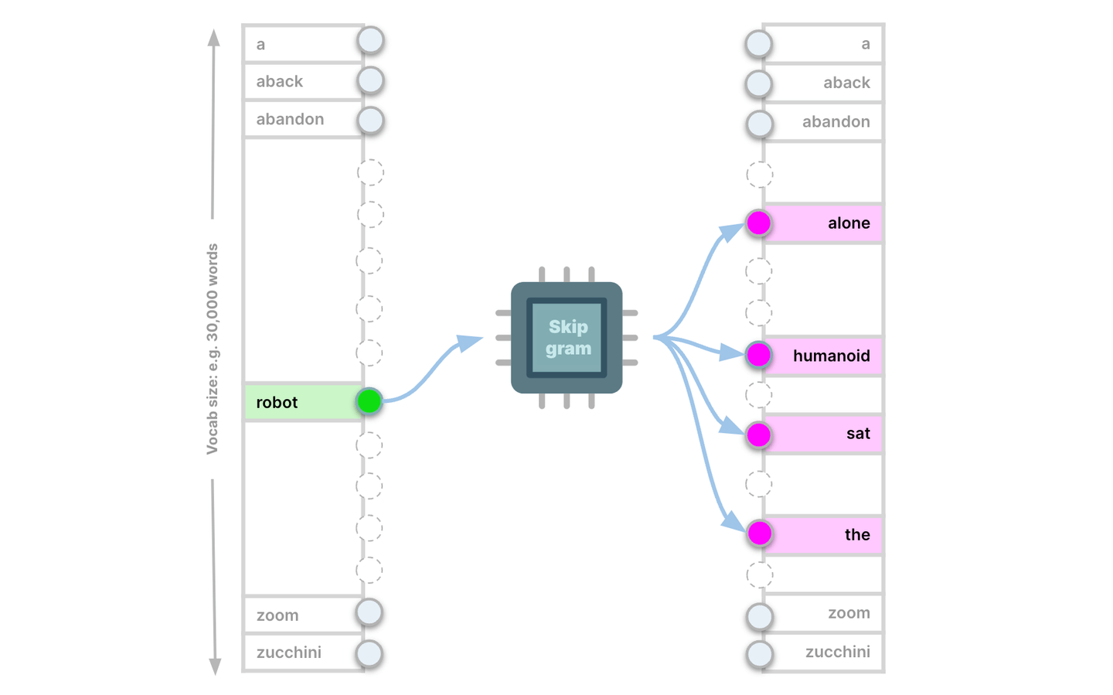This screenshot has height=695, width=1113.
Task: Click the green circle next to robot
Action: (x=369, y=401)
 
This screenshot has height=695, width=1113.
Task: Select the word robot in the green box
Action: (x=277, y=403)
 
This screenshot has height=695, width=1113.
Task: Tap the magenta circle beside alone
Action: (x=759, y=223)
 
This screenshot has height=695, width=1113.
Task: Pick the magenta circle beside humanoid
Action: (x=759, y=355)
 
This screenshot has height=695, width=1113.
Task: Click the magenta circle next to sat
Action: (x=759, y=434)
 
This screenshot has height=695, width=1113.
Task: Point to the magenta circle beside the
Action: (x=760, y=533)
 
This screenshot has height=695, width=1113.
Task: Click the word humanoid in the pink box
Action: (x=831, y=356)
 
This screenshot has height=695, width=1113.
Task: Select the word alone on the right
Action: (x=849, y=223)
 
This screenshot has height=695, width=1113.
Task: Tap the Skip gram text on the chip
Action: (x=568, y=338)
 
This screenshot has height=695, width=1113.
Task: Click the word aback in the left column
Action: (x=280, y=82)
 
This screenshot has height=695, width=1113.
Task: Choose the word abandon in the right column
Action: (x=836, y=122)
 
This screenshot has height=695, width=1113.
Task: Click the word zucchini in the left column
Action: (x=289, y=652)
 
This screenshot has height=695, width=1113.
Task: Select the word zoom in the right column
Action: (x=849, y=613)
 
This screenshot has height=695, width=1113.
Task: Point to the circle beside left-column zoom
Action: (x=369, y=612)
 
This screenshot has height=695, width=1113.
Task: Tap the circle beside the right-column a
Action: (x=759, y=44)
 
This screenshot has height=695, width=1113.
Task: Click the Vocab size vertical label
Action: (x=213, y=349)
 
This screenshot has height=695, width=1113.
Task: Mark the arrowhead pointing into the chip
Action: (x=469, y=342)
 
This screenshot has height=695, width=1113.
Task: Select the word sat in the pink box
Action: (x=858, y=434)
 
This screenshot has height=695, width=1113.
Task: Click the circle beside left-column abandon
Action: (x=371, y=121)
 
